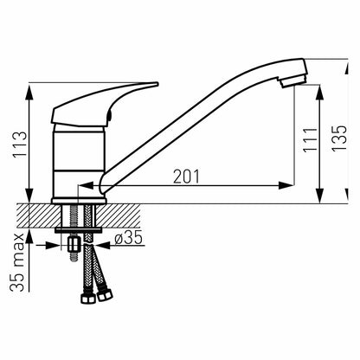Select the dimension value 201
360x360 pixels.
pos(186,177)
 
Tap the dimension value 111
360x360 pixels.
pos(310,140)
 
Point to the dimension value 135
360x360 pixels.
pos(339,138)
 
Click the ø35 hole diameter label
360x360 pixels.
pos(129,238)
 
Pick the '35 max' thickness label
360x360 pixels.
pos(17,262)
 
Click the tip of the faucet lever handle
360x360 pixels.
pos(157,84)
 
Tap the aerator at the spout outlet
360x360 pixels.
pos(293,80)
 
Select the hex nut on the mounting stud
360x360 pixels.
pos(74,245)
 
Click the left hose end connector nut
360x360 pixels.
pos(88,299)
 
